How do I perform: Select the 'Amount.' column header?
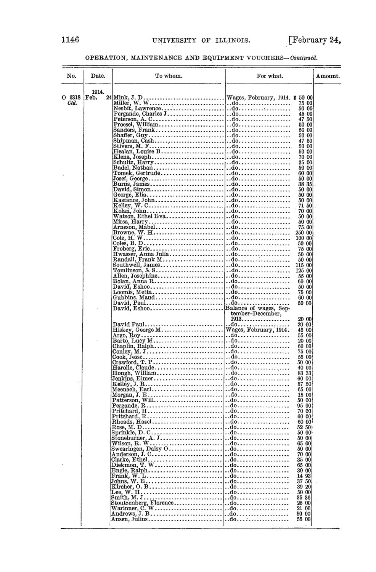tap(328, 76)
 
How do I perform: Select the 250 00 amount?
tap(304, 232)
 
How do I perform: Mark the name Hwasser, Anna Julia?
tap(140, 254)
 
